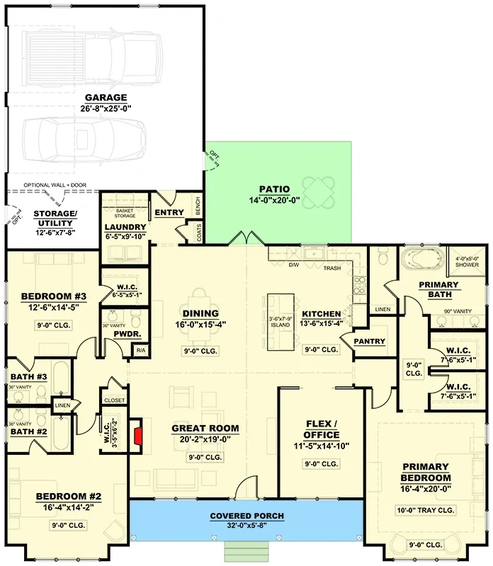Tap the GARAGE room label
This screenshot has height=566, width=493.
click(106, 98)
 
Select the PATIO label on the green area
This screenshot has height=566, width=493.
click(274, 189)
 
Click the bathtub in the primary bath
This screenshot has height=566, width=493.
click(422, 260)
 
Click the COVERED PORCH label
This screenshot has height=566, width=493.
click(246, 516)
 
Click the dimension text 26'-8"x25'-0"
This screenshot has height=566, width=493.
click(106, 109)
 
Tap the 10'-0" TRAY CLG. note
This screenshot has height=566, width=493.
click(425, 509)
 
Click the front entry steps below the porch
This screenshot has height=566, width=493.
click(246, 552)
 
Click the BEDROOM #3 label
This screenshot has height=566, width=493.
click(53, 296)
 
